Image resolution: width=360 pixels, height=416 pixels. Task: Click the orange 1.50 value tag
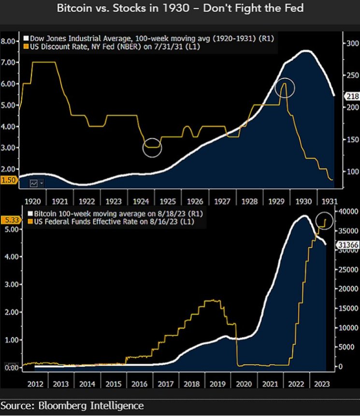click(x=9, y=180)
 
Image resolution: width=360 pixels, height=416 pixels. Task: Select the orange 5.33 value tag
click(x=9, y=220)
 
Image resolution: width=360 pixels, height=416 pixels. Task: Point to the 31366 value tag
click(x=347, y=245)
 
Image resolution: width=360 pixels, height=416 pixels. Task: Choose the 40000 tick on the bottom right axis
click(x=346, y=211)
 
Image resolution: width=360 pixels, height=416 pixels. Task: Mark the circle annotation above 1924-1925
click(x=152, y=148)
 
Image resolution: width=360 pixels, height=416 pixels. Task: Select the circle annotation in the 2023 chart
click(x=324, y=221)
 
